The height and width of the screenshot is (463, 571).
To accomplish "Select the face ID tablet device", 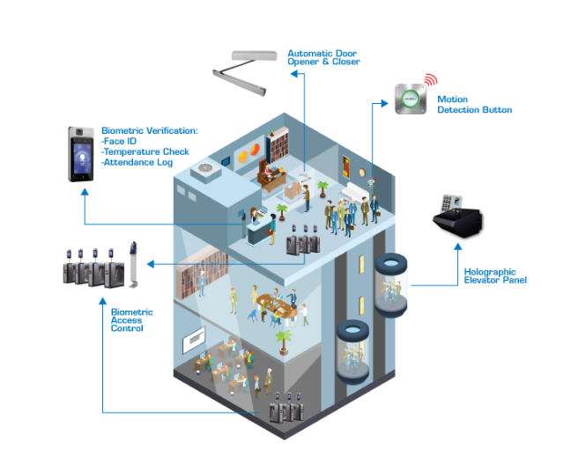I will click(81, 154).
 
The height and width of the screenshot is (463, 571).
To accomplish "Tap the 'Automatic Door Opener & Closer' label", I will click(323, 58).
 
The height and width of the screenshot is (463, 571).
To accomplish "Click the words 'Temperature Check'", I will click(145, 151).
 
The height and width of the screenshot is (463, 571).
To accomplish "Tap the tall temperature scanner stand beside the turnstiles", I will click(134, 263).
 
